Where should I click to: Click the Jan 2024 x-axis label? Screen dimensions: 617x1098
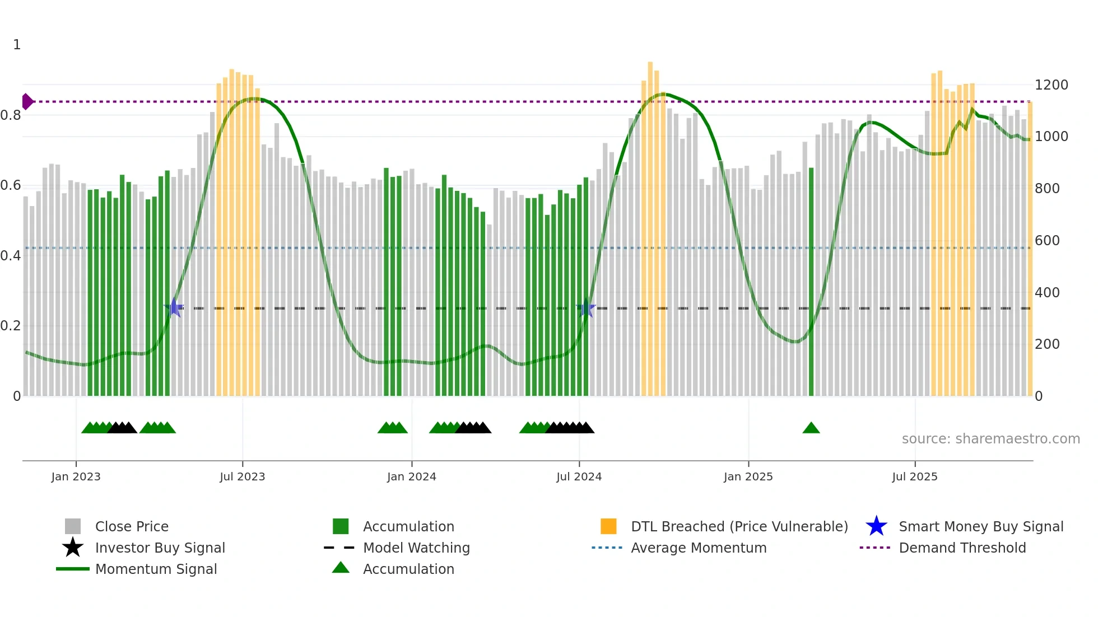pyautogui.click(x=411, y=476)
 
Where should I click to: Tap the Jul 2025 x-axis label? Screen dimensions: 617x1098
pyautogui.click(x=914, y=476)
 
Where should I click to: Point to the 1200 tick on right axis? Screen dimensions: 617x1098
pyautogui.click(x=1051, y=85)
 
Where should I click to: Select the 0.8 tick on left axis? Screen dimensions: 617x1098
pyautogui.click(x=11, y=115)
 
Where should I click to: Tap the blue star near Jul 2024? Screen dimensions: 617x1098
pyautogui.click(x=586, y=308)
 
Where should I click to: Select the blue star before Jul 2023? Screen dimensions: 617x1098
pyautogui.click(x=174, y=307)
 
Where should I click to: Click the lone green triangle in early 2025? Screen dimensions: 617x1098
pyautogui.click(x=811, y=428)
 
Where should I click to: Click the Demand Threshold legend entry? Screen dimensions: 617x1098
pyautogui.click(x=962, y=548)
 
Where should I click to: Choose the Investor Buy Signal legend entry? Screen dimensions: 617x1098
pyautogui.click(x=160, y=548)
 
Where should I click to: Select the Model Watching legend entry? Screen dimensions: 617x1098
pyautogui.click(x=416, y=548)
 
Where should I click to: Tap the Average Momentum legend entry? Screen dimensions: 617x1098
pyautogui.click(x=698, y=548)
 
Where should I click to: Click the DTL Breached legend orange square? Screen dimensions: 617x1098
pyautogui.click(x=608, y=526)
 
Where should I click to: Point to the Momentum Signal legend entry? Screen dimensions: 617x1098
pyautogui.click(x=156, y=569)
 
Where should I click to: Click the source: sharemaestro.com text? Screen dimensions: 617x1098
pyautogui.click(x=990, y=438)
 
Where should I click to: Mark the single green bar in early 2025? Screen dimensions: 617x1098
pyautogui.click(x=811, y=280)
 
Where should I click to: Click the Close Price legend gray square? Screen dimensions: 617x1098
pyautogui.click(x=73, y=526)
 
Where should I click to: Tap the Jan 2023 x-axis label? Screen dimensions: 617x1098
pyautogui.click(x=76, y=476)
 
